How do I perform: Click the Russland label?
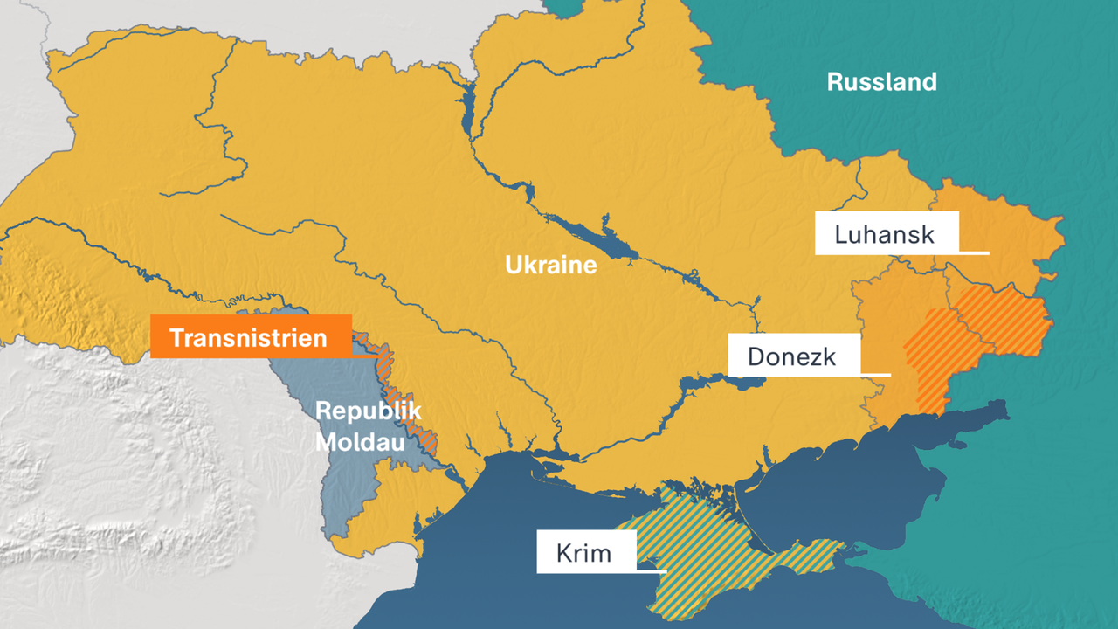(881, 82)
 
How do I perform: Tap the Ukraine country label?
(550, 265)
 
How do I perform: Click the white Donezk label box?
(793, 356)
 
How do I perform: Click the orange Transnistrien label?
(250, 337)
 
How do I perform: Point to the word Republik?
(368, 411)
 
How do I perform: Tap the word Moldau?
(359, 442)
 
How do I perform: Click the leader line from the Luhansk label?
(973, 253)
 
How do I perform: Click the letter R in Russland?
(835, 83)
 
